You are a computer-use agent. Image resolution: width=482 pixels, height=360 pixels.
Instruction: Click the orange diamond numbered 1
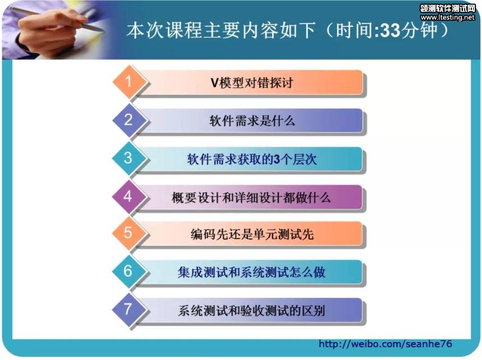click(129, 82)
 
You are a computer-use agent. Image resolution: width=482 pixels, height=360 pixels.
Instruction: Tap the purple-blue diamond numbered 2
click(129, 120)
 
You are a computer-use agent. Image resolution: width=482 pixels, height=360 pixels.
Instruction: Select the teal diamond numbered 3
click(129, 158)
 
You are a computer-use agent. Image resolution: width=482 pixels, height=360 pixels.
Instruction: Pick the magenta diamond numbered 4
click(129, 196)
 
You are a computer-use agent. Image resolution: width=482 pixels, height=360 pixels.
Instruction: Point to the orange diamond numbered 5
click(129, 233)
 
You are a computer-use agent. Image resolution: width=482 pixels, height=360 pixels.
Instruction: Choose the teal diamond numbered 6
click(129, 271)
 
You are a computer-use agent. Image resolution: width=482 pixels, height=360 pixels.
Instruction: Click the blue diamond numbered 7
click(129, 310)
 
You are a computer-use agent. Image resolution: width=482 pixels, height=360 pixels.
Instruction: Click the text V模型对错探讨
click(251, 82)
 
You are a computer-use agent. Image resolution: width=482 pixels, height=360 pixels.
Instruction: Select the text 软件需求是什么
click(252, 121)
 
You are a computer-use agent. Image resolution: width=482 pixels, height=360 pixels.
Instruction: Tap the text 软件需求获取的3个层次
click(252, 159)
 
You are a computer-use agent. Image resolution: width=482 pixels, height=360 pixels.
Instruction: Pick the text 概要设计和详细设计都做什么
click(251, 197)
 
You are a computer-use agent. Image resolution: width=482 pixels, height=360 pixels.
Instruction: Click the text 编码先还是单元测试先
click(252, 234)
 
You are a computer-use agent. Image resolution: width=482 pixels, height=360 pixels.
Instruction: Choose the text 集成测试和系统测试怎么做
click(251, 272)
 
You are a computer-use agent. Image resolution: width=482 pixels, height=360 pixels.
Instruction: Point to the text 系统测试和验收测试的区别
click(251, 311)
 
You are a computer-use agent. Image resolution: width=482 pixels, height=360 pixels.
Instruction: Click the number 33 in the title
click(391, 30)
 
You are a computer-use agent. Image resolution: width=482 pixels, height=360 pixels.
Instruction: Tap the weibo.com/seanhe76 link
click(385, 344)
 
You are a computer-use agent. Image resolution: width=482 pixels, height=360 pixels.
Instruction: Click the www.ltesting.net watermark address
click(447, 17)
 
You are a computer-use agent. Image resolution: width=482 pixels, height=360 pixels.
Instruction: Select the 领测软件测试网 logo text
click(448, 8)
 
